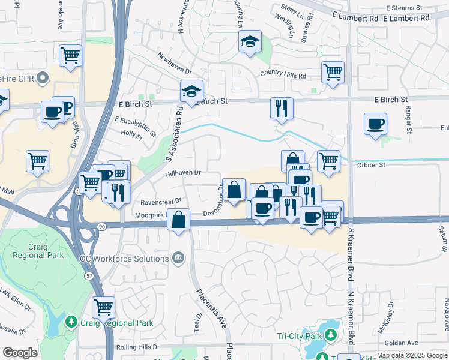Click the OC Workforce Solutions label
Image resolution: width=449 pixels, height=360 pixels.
[124, 259]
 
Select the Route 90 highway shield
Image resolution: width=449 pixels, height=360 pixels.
[102, 226]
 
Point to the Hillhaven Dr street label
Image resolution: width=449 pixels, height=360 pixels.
[182, 172]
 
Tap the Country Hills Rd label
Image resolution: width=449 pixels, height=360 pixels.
[283, 76]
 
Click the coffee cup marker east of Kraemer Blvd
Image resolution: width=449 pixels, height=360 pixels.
[376, 124]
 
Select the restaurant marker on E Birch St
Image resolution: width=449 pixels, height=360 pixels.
[282, 108]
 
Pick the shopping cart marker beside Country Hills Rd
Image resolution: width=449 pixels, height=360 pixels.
[333, 72]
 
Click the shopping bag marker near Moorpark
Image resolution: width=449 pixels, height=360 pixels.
[179, 220]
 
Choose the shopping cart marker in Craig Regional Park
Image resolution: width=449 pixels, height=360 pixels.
[103, 308]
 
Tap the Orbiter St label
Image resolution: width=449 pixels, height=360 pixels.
[373, 164]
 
